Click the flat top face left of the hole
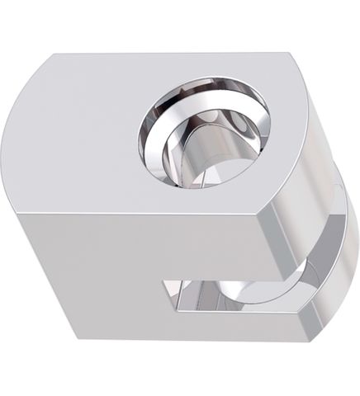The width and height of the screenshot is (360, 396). coord(83,132)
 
